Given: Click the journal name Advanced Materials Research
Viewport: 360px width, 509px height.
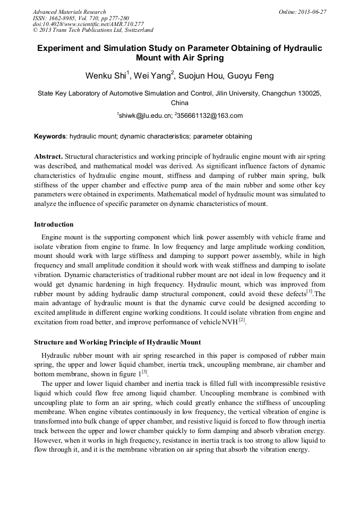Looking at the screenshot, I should (x=69, y=12).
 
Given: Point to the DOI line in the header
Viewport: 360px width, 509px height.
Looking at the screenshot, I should (x=88, y=24).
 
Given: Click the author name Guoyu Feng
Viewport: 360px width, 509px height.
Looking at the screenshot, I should (x=251, y=76).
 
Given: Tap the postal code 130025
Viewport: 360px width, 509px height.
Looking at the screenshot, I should (x=293, y=93).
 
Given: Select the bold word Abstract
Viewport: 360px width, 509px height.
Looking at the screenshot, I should (x=48, y=157).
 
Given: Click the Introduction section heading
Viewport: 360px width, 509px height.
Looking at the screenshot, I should (x=54, y=225).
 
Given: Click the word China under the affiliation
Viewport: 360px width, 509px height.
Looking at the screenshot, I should (x=179, y=103).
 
